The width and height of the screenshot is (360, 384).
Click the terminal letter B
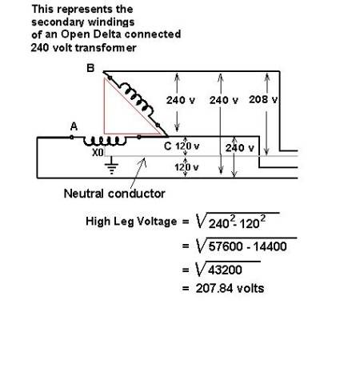(90, 68)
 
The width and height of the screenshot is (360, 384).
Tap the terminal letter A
(74, 126)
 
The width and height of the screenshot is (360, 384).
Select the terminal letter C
(167, 146)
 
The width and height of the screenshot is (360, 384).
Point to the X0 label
(98, 153)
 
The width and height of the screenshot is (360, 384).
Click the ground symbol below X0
(111, 166)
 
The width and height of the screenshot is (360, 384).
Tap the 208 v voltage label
(263, 100)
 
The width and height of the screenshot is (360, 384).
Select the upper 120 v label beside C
(187, 146)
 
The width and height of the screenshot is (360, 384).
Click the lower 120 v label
(186, 167)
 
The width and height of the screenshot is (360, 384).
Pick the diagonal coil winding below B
(136, 100)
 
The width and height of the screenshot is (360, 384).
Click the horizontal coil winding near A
(105, 142)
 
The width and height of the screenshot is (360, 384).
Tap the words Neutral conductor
(114, 194)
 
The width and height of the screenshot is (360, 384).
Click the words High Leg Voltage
(131, 222)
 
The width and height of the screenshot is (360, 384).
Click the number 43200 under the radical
(225, 270)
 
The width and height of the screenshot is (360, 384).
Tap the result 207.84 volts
(230, 289)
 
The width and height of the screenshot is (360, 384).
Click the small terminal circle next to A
(72, 137)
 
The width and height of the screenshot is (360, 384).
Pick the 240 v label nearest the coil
(181, 100)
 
